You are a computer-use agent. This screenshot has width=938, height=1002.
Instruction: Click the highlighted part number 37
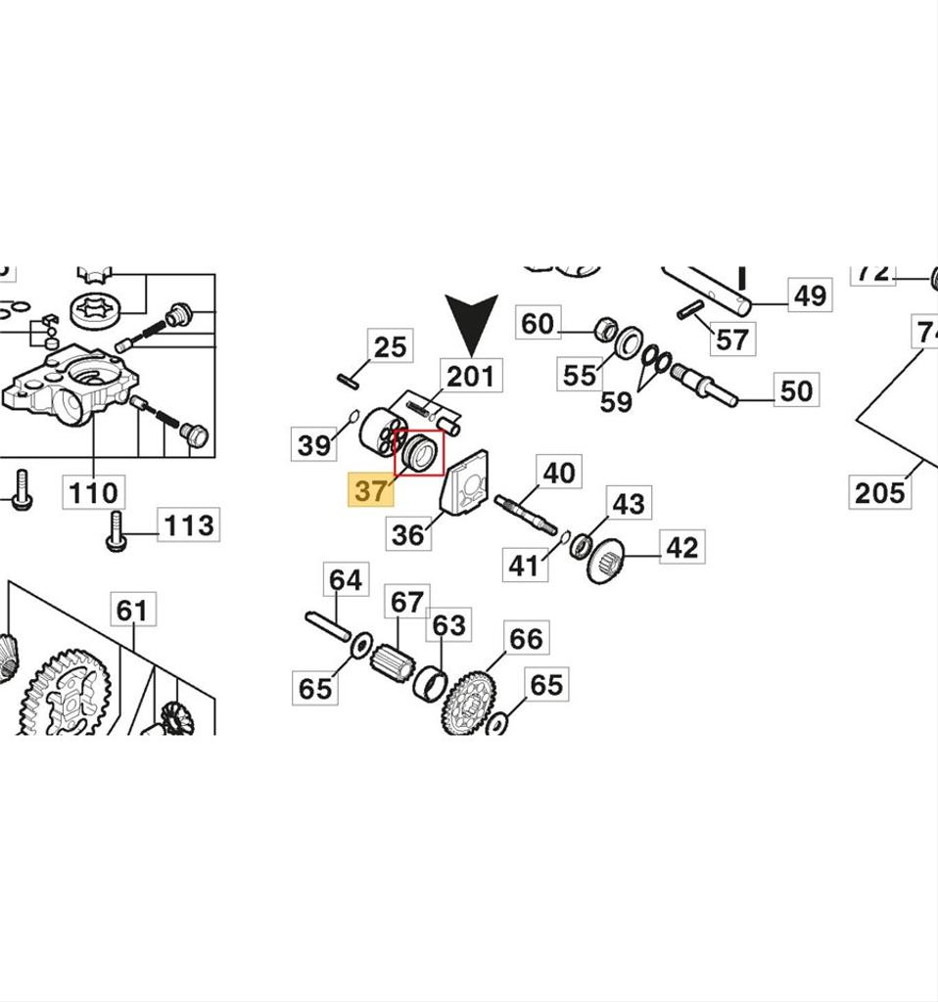(x=371, y=489)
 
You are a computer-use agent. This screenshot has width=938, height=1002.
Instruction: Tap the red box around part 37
(x=419, y=455)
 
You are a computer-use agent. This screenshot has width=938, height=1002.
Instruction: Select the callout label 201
(x=471, y=376)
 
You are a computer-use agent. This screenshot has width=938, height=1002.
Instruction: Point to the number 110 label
(x=94, y=492)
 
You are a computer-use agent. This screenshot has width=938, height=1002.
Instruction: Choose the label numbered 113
(x=187, y=524)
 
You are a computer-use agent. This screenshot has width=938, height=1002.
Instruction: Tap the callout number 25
(x=390, y=347)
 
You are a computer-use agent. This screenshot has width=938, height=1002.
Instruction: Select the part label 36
(x=408, y=534)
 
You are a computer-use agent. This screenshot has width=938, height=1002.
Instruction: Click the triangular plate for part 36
(x=465, y=485)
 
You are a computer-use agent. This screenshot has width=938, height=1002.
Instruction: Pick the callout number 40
(x=558, y=474)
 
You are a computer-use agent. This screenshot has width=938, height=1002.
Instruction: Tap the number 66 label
(x=527, y=639)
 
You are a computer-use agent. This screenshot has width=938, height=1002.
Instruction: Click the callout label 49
(x=810, y=295)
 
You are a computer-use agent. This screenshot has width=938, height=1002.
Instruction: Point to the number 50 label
(x=796, y=391)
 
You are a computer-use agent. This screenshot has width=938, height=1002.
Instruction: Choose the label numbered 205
(x=879, y=492)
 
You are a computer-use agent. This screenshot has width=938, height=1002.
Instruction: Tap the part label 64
(x=345, y=580)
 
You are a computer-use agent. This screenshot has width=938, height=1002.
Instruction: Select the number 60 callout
(x=537, y=324)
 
